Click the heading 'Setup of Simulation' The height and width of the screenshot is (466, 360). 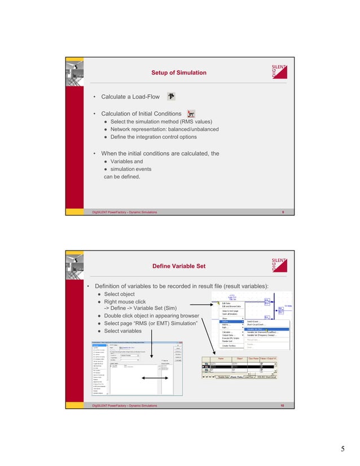point(178,73)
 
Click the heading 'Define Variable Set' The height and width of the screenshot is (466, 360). point(178,266)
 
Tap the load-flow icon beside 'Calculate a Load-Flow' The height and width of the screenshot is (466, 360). point(171,96)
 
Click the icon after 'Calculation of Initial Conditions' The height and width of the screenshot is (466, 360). point(191,114)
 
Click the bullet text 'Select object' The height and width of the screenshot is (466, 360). point(119,294)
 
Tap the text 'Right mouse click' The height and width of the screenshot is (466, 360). point(125,302)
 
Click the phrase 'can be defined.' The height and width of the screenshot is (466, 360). point(121,177)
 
